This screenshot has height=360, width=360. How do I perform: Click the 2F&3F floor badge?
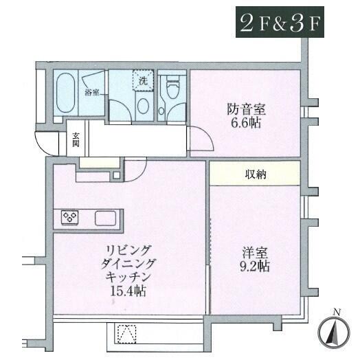(x=280, y=22)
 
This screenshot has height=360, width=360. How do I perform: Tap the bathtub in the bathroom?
(x=66, y=93)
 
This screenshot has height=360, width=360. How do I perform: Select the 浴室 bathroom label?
(x=92, y=93)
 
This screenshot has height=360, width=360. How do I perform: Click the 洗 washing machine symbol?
(x=144, y=80)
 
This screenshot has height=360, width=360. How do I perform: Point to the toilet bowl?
(x=172, y=87)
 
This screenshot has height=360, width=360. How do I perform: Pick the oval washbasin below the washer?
(x=143, y=106)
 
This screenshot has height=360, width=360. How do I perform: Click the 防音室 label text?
(x=247, y=109)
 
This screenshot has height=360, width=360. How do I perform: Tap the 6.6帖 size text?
(x=246, y=124)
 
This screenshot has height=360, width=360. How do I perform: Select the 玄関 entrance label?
(x=76, y=140)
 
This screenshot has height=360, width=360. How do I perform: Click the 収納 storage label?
(x=256, y=175)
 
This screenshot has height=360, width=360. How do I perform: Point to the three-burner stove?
(x=70, y=217)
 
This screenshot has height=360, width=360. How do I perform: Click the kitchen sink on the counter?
(x=105, y=218)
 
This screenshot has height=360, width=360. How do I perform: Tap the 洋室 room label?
(x=256, y=254)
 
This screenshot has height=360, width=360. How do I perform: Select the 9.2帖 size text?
(x=255, y=267)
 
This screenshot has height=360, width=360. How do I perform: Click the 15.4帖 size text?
(x=128, y=291)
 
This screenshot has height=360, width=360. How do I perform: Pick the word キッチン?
(x=128, y=278)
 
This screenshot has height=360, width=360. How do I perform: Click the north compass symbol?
(x=334, y=333)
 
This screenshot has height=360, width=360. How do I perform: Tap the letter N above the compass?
(x=337, y=312)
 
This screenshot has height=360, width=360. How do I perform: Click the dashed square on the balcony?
(x=126, y=334)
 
